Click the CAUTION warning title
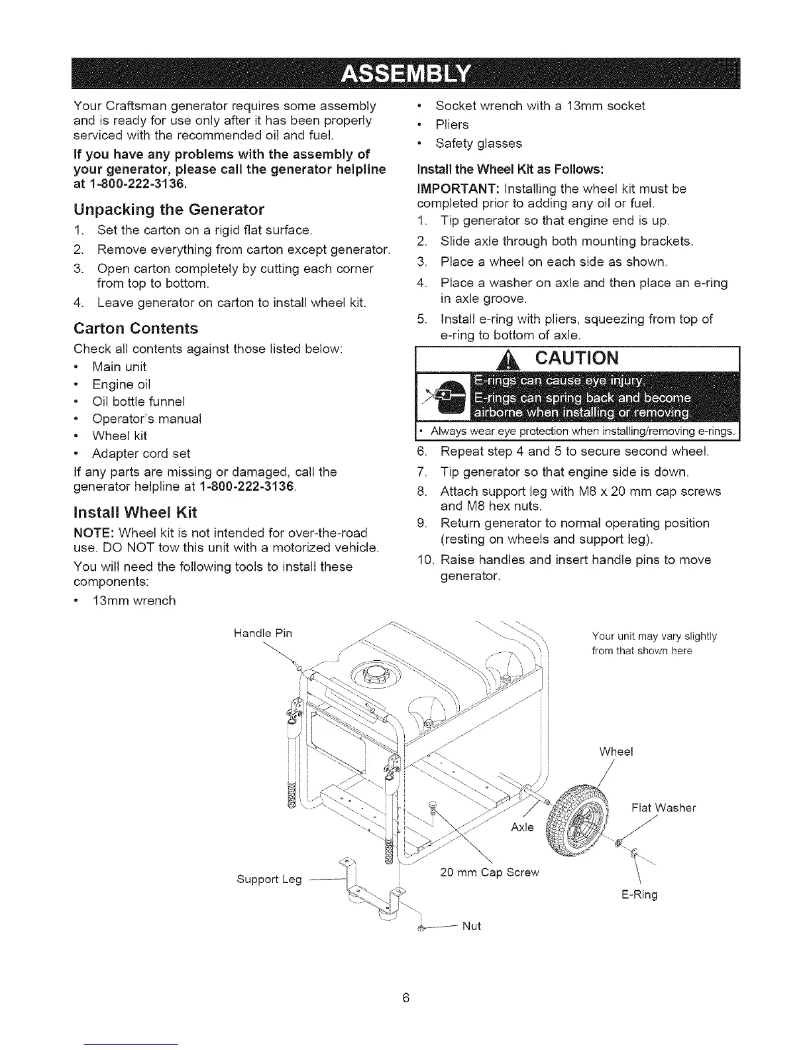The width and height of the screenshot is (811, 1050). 576,359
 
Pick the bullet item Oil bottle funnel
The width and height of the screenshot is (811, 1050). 138,402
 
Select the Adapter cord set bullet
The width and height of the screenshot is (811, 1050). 141,453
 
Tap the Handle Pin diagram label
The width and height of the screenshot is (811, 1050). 263,633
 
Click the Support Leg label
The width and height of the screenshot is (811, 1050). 269,880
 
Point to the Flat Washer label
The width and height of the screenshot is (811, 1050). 663,808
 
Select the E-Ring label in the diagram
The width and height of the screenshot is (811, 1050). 639,895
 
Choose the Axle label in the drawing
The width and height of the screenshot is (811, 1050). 523,827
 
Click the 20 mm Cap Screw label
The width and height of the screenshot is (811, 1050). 490,872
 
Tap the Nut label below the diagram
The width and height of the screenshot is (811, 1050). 471,926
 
